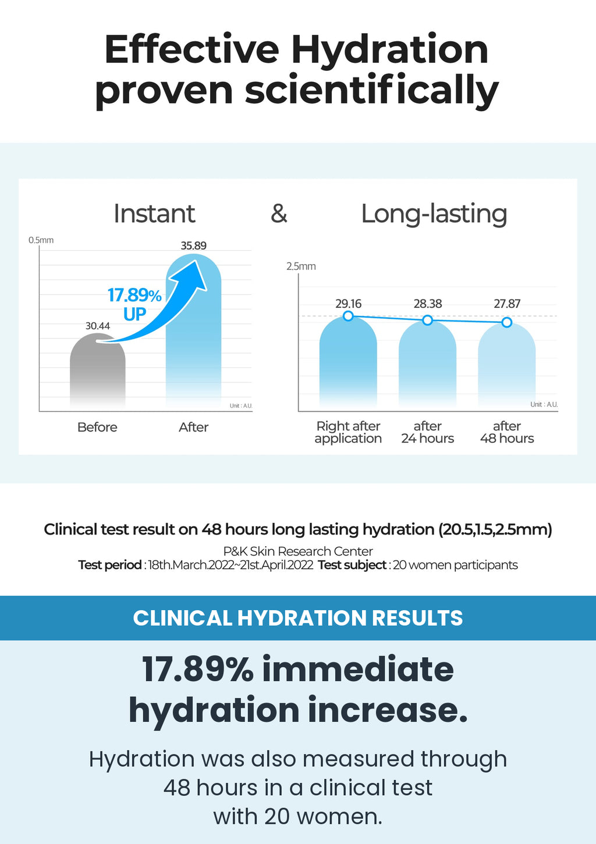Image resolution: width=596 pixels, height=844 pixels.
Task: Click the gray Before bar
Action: (x=98, y=371)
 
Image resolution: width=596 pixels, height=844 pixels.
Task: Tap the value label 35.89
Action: (x=193, y=245)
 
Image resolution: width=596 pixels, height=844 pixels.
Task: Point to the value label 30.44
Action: (x=98, y=326)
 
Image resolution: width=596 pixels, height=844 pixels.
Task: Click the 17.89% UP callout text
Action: (x=134, y=304)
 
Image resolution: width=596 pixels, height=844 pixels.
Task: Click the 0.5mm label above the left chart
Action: (x=41, y=240)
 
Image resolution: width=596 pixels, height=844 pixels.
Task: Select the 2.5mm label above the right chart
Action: (x=301, y=266)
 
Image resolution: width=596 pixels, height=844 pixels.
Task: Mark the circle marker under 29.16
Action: (x=348, y=316)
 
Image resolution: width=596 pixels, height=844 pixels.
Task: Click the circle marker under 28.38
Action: (x=427, y=320)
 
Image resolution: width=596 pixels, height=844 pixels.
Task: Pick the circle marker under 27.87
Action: (x=507, y=322)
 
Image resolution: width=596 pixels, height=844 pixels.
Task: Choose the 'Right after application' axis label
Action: (x=348, y=432)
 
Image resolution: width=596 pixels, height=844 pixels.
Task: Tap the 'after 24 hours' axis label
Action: (x=427, y=432)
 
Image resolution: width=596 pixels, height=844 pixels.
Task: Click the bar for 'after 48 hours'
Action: (x=506, y=365)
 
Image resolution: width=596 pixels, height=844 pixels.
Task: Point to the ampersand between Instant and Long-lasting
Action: (x=279, y=213)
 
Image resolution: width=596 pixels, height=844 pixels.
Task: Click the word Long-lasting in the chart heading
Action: (x=434, y=214)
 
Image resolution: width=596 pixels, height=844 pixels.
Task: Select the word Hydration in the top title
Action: (x=390, y=50)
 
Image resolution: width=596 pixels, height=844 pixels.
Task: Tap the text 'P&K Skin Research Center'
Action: (x=298, y=551)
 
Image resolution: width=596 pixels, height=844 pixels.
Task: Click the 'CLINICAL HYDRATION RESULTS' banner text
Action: (x=298, y=618)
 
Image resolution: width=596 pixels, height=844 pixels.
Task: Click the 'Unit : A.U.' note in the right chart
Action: (x=544, y=404)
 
